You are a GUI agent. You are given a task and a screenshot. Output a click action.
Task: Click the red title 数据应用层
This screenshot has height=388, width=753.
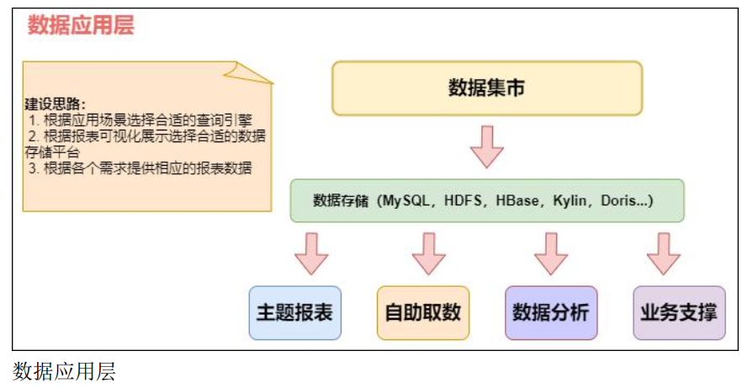[81, 25]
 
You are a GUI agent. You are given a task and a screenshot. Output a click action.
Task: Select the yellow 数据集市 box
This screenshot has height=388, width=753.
[487, 88]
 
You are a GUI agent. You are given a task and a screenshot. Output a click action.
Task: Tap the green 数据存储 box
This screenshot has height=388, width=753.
[487, 200]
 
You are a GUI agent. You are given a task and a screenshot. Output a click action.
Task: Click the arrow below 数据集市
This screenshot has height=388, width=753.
[487, 146]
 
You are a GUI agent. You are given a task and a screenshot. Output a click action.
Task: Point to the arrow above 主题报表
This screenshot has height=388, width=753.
[311, 253]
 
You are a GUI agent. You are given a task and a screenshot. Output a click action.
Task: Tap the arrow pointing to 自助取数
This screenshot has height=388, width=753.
[429, 253]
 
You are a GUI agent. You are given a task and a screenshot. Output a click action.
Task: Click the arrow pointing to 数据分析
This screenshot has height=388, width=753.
[551, 253]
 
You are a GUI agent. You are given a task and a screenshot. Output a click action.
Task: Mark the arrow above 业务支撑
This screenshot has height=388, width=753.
[663, 253]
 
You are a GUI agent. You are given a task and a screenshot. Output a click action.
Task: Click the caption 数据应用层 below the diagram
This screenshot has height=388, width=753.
[64, 371]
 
